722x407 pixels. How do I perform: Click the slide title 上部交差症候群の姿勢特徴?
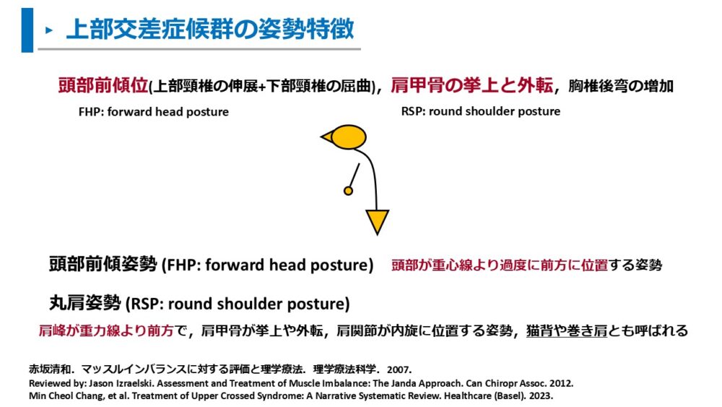pyautogui.click(x=210, y=29)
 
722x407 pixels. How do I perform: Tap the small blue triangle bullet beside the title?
pyautogui.click(x=49, y=31)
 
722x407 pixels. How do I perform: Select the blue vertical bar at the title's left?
pyautogui.click(x=27, y=30)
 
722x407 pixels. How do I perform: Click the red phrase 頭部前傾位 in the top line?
pyautogui.click(x=103, y=85)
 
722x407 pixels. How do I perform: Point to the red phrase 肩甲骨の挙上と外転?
pyautogui.click(x=471, y=85)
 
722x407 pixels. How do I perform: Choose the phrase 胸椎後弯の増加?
pyautogui.click(x=621, y=86)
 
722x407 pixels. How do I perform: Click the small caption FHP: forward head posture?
pyautogui.click(x=153, y=112)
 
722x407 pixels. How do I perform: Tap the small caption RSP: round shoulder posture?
pyautogui.click(x=481, y=111)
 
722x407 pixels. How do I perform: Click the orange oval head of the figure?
pyautogui.click(x=349, y=137)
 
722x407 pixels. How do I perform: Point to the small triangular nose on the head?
pyautogui.click(x=326, y=137)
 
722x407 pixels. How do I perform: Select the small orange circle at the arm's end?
pyautogui.click(x=349, y=190)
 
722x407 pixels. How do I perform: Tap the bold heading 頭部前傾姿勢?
pyautogui.click(x=103, y=265)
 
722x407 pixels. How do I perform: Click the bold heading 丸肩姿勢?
pyautogui.click(x=85, y=303)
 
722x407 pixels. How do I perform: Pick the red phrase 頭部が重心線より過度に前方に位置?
pyautogui.click(x=500, y=265)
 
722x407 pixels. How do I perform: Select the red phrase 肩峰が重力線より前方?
pyautogui.click(x=106, y=330)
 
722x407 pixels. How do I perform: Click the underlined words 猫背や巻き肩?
pyautogui.click(x=567, y=330)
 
